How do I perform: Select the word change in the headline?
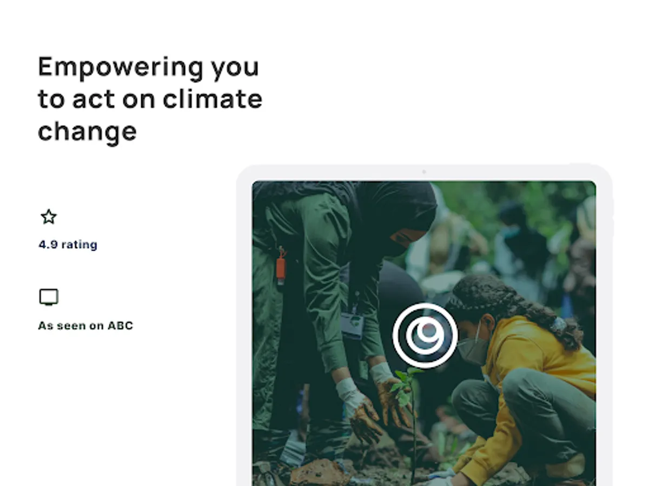coord(87,132)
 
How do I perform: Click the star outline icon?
coord(49,217)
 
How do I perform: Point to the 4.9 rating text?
coord(68,245)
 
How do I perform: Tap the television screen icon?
coord(49,297)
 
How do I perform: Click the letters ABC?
coord(121,326)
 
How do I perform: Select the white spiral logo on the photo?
coord(425,335)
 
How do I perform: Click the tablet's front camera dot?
coord(424,172)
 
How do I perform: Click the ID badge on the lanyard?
coord(352,325)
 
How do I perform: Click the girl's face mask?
coord(473,350)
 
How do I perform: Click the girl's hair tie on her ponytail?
coord(559,323)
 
